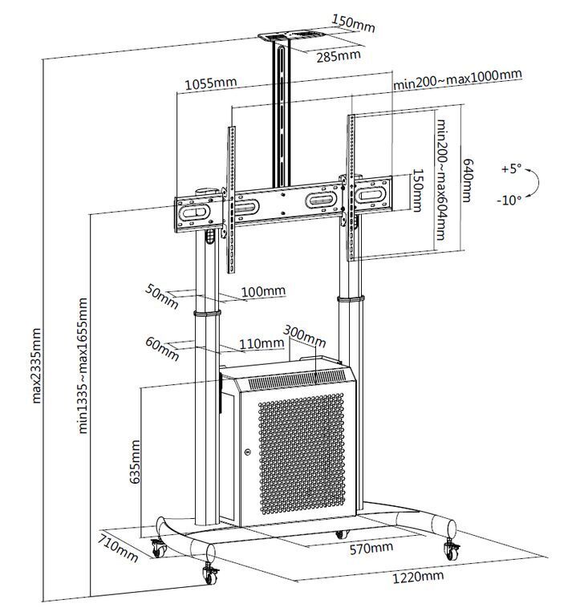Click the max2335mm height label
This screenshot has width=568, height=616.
[37, 366]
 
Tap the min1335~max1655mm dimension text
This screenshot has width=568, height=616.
[83, 366]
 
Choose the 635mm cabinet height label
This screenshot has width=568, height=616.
[135, 462]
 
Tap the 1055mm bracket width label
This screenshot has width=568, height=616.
[211, 83]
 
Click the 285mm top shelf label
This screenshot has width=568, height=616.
[339, 56]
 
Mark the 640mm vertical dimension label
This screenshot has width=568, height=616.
[467, 180]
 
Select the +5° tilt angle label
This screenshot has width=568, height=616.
[511, 169]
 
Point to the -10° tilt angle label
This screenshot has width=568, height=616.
[509, 200]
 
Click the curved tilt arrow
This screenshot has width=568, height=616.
[538, 182]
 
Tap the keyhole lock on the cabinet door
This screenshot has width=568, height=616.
[247, 452]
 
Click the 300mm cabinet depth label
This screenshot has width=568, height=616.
[304, 336]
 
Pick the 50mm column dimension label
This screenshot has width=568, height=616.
[162, 296]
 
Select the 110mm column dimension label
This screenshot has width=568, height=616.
[262, 344]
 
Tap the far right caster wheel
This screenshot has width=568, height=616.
[451, 549]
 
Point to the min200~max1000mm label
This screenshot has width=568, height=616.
[457, 79]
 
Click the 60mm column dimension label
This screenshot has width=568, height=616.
[162, 348]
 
